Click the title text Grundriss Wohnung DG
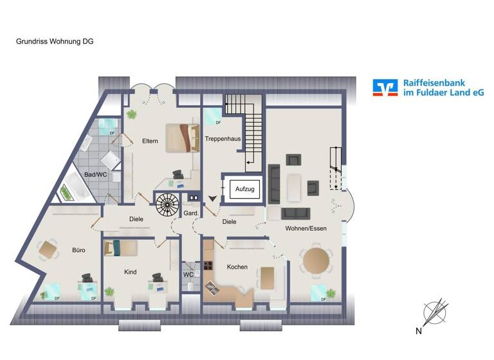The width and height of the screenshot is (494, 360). (55, 40)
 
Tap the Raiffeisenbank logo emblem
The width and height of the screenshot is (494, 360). (385, 88)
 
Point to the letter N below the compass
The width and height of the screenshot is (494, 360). (419, 332)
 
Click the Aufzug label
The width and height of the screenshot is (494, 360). (245, 190)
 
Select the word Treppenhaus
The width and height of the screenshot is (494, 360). (223, 139)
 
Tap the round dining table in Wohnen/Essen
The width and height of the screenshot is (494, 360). (316, 261)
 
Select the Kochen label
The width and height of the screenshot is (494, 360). (237, 267)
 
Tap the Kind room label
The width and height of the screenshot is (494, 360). (130, 273)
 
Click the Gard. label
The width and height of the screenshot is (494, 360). (190, 213)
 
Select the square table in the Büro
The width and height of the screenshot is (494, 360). (47, 249)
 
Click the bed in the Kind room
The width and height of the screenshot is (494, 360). (121, 248)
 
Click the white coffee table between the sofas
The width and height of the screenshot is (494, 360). (295, 187)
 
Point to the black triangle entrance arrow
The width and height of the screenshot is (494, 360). (213, 199)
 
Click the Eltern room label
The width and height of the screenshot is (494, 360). (150, 141)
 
